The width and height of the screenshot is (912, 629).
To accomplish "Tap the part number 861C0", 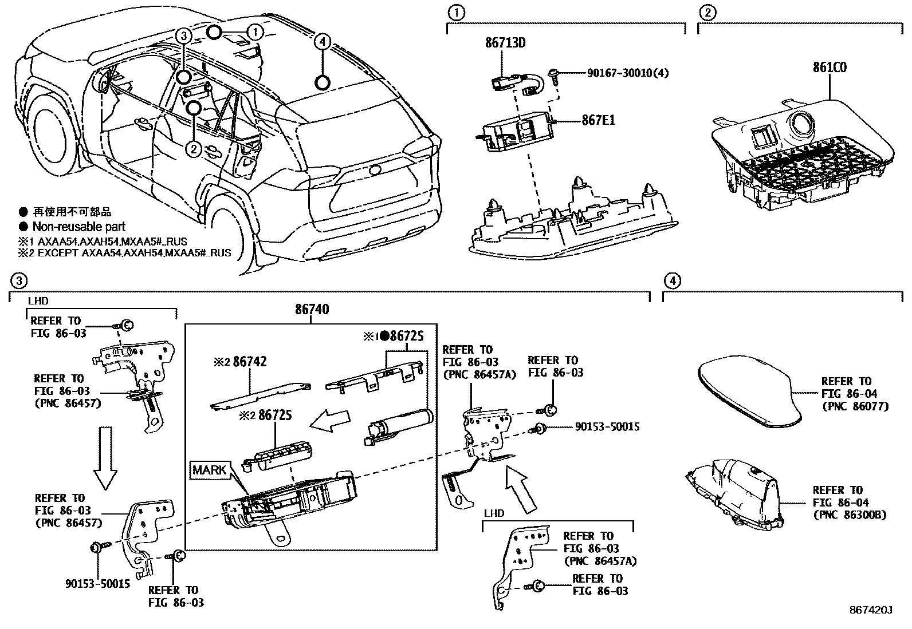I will coord(830,68).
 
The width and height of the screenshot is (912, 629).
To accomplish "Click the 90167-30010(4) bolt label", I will coord(627,73).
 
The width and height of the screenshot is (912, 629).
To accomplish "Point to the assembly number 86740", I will coord(312,310).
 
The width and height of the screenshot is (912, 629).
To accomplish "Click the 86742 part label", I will coord(249,362).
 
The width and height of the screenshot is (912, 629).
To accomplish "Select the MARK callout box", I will coord(210,470).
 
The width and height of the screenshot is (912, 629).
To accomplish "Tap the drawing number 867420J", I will coord(871,610).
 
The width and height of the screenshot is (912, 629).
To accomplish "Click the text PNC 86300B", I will coord(850,515).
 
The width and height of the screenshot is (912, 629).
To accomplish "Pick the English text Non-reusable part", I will coord(78,227).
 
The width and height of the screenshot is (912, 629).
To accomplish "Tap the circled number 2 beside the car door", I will coord(194,149).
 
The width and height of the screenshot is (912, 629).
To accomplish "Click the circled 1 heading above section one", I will coord(456,12).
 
